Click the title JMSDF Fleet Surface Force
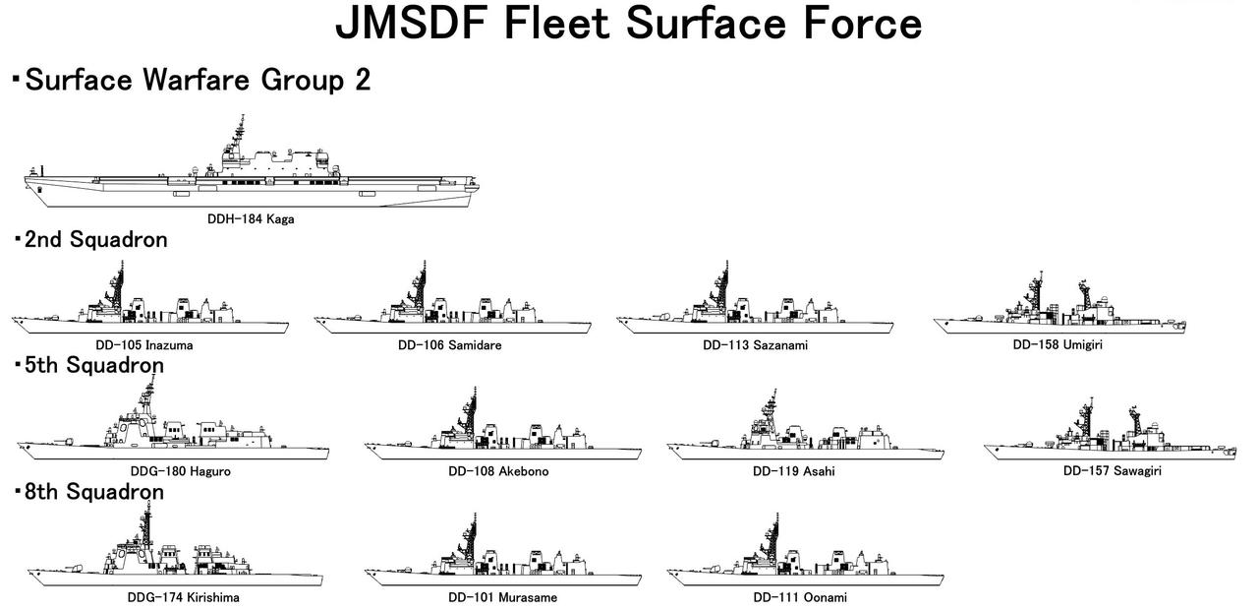point(629,24)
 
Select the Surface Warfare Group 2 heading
point(197,80)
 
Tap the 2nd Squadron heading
point(95,239)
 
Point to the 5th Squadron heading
point(93,365)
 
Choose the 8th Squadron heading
point(93,491)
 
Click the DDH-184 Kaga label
point(251,219)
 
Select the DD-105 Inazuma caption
point(151,345)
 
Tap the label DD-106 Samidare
point(450,345)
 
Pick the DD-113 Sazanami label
point(756,345)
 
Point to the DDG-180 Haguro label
point(181,471)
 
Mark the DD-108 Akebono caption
point(498,471)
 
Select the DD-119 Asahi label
point(794,471)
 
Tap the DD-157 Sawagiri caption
point(1113,471)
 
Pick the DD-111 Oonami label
point(800,597)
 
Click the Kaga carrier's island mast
point(239,133)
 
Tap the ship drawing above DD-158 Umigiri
point(1059,306)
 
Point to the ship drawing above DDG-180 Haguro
point(172,433)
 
